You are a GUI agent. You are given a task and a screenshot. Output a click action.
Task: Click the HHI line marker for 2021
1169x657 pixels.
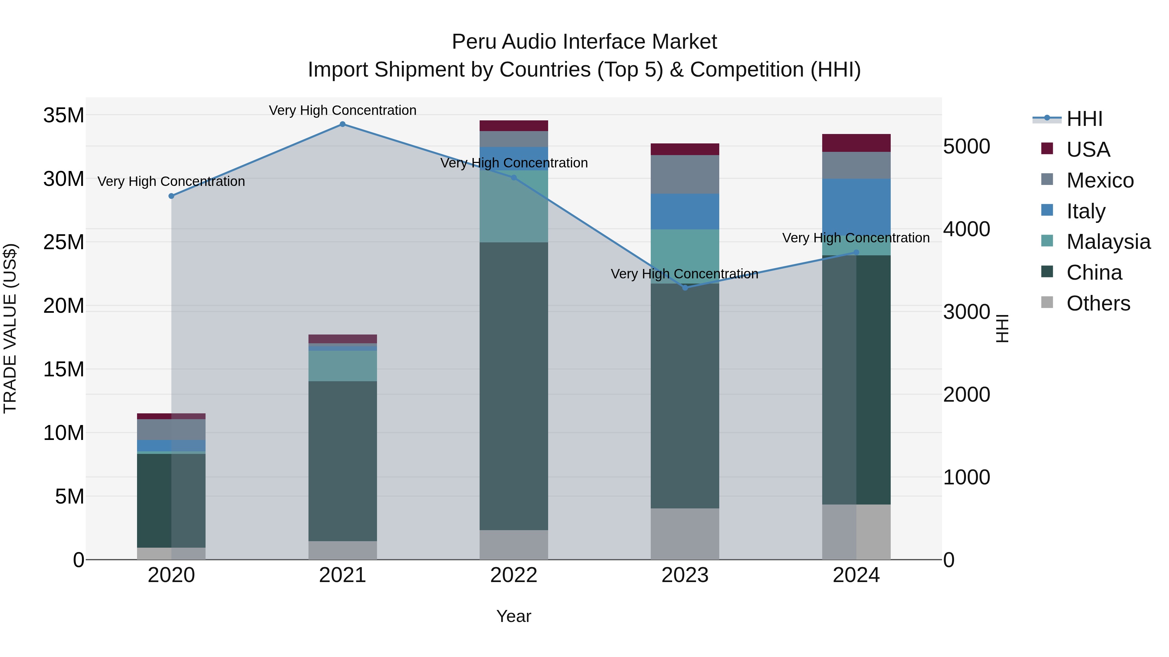click(x=343, y=124)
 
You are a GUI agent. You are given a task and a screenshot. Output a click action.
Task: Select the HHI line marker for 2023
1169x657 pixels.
click(x=685, y=288)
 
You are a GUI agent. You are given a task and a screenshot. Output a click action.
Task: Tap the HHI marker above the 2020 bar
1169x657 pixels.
click(x=171, y=196)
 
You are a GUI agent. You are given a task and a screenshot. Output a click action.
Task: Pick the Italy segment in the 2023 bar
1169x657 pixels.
click(x=685, y=212)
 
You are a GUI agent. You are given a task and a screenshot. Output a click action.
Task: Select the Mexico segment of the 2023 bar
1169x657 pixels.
click(x=685, y=175)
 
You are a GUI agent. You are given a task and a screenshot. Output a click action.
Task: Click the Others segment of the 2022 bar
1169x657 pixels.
click(x=514, y=544)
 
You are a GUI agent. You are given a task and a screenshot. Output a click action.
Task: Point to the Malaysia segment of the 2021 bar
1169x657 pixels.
click(x=343, y=366)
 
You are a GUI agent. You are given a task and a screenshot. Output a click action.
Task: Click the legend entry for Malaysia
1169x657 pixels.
click(x=1108, y=242)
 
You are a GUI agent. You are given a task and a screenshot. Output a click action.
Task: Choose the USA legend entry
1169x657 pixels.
click(x=1088, y=150)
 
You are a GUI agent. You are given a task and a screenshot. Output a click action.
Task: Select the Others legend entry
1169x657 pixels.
click(x=1098, y=303)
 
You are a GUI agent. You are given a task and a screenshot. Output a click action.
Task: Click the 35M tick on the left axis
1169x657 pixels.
click(x=64, y=115)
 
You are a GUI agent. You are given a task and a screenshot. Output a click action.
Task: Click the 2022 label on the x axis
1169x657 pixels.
click(x=514, y=575)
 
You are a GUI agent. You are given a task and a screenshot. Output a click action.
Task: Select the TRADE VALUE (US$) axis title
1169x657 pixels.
click(x=10, y=329)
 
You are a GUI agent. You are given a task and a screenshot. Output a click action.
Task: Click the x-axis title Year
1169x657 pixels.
click(x=514, y=616)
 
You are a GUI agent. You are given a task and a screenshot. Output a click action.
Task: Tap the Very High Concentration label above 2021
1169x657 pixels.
click(x=343, y=110)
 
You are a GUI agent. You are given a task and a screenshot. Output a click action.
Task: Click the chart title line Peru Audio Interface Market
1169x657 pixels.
click(x=584, y=42)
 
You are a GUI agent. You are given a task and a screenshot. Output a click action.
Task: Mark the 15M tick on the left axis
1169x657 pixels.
click(x=64, y=370)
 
